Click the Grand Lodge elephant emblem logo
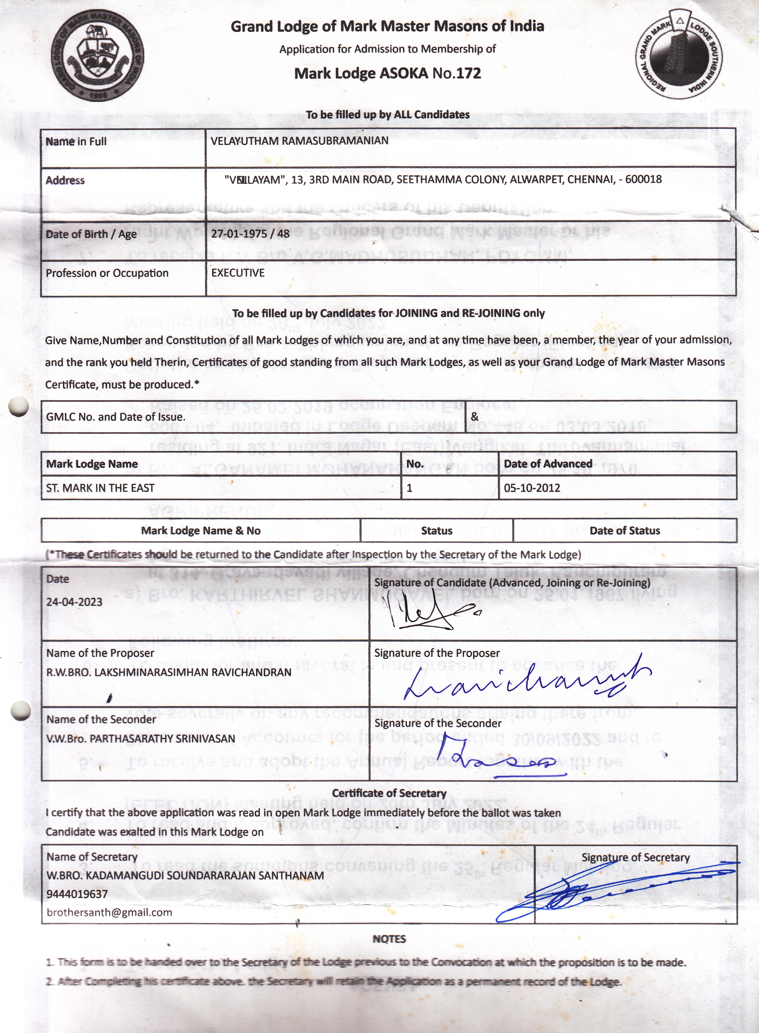97,55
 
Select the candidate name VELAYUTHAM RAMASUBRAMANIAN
299,141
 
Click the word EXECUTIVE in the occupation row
238,273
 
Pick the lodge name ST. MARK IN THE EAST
100,488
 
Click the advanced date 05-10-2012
532,488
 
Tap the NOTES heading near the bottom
389,939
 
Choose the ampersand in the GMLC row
475,417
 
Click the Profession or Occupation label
107,273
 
